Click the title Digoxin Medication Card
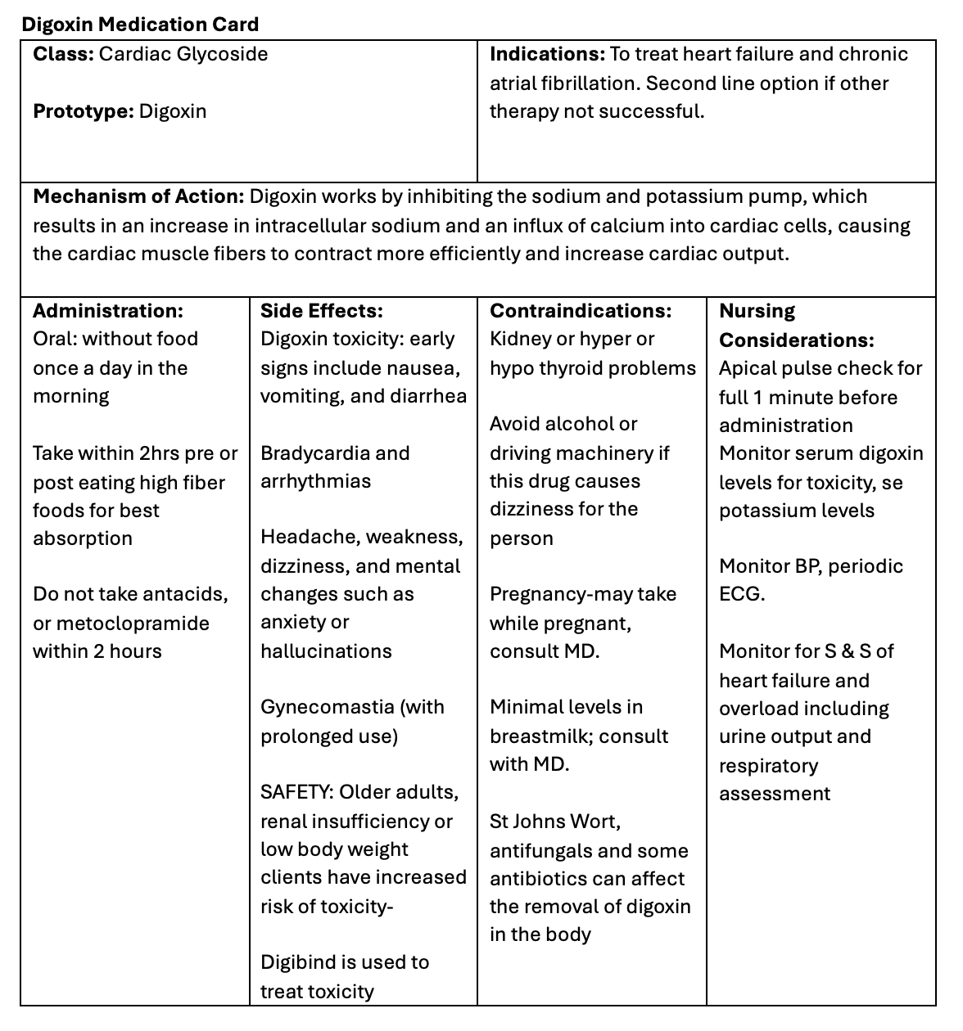[x=140, y=24]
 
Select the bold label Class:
[x=63, y=54]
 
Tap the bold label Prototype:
[x=83, y=111]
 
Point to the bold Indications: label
[x=546, y=54]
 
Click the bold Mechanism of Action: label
[x=138, y=196]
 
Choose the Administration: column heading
[x=107, y=311]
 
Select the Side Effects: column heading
[x=321, y=311]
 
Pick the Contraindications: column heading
[x=580, y=311]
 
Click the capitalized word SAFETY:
[x=296, y=792]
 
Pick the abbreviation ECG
[x=740, y=594]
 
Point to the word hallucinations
[x=326, y=651]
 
